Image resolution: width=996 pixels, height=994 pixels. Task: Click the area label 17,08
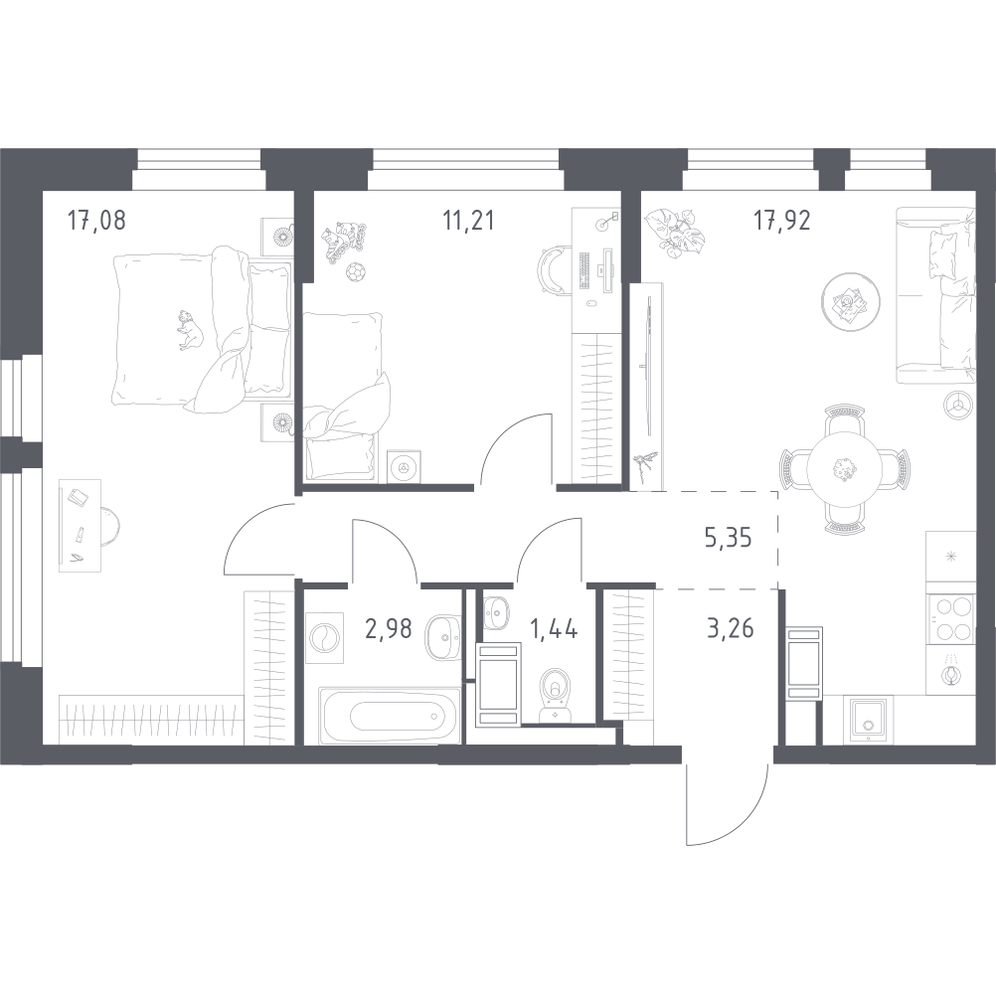pos(96,221)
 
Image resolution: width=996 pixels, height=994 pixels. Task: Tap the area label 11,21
pos(468,221)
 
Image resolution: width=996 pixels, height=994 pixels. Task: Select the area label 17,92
pos(782,221)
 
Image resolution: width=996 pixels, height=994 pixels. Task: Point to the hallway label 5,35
pos(729,538)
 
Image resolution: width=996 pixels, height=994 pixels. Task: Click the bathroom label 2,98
pos(388,629)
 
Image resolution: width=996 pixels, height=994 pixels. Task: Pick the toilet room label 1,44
pos(554,629)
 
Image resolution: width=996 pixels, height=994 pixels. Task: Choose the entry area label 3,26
pos(731,629)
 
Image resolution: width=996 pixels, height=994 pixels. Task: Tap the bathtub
pos(390,715)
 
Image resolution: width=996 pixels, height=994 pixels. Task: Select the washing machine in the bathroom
pos(324,638)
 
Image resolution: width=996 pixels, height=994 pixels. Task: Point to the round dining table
pos(844,470)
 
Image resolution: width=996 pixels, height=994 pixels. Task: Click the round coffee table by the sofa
pos(851,302)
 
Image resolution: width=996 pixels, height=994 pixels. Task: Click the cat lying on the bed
pos(189,330)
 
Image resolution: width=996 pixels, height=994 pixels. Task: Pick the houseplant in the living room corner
pos(672,234)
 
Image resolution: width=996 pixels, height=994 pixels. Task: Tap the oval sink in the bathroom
pos(442,637)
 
